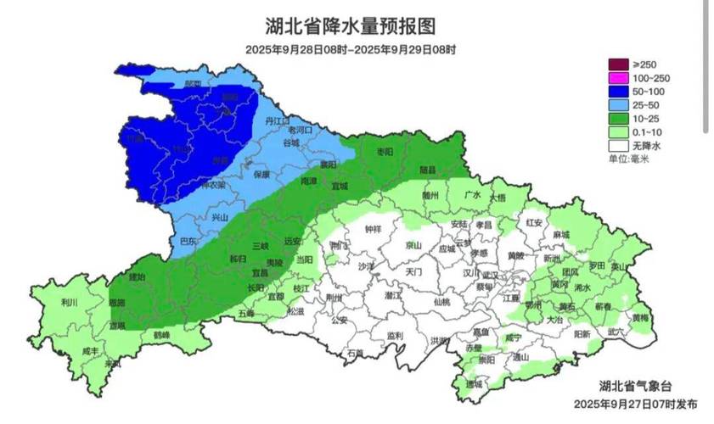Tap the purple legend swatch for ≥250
[x=617, y=64]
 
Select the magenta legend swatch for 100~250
[x=617, y=78]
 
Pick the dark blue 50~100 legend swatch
[x=617, y=92]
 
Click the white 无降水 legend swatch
[x=617, y=146]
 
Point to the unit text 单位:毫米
[x=627, y=159]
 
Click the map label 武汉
[x=490, y=275]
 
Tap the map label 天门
[x=413, y=273]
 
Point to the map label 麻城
[x=561, y=233]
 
